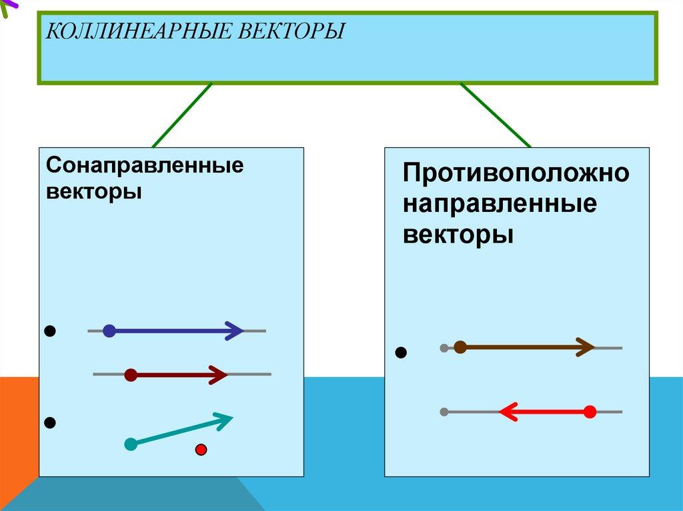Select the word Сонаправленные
pos(145,165)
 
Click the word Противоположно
pos(516,173)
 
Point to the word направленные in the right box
pos(500,203)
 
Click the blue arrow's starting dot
pos(109,331)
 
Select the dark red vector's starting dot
pos(131,375)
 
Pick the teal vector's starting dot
pos(131,444)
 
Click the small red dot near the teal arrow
pos(201,450)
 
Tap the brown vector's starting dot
pos(460,347)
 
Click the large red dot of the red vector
pos(590,412)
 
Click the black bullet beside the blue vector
pos(50,331)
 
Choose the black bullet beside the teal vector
pos(50,422)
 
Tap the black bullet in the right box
pos(401,352)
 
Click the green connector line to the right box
pos(496,115)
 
